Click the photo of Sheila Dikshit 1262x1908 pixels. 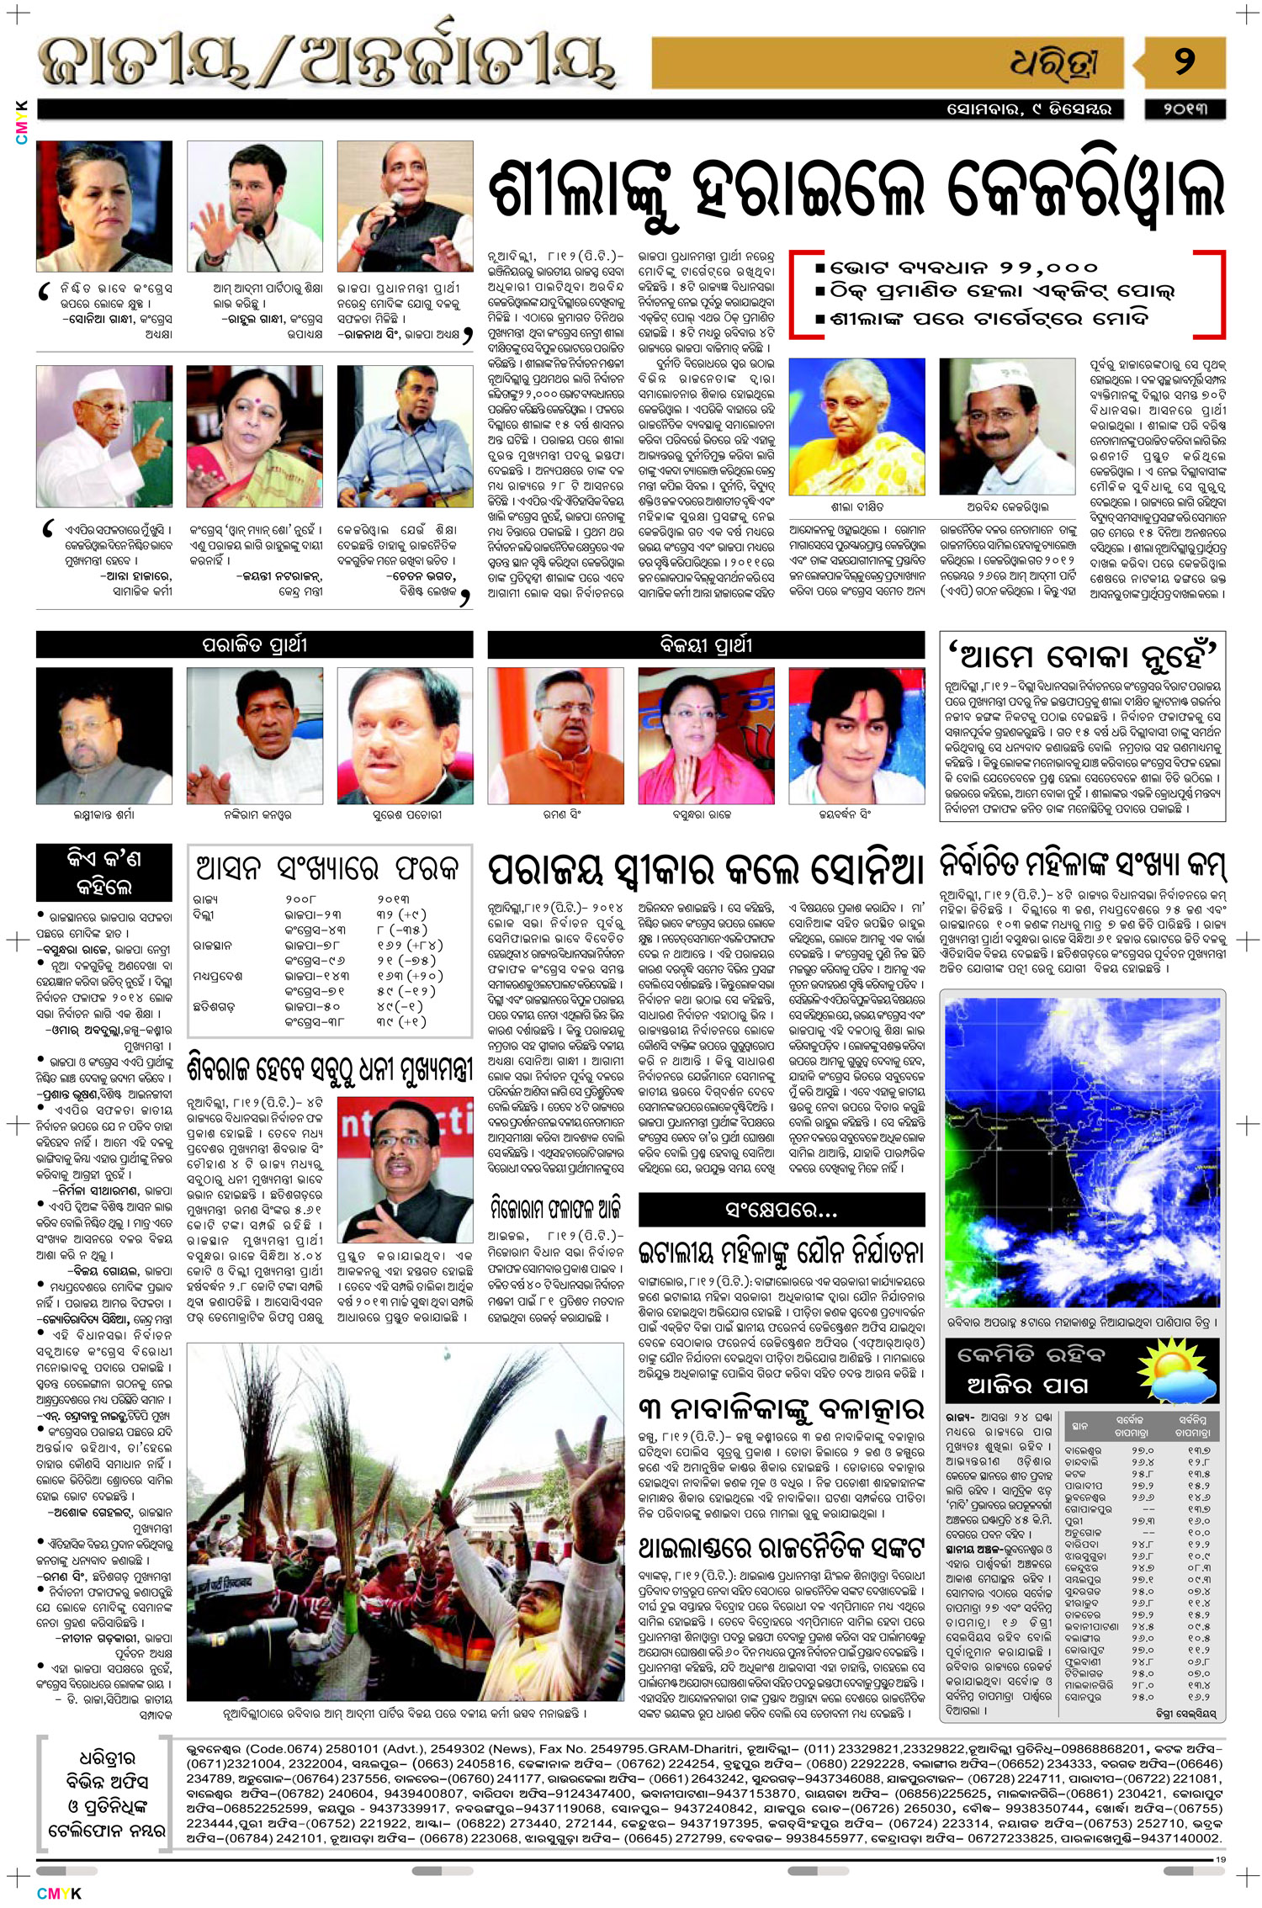[x=856, y=427]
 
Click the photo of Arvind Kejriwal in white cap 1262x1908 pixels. [x=1007, y=427]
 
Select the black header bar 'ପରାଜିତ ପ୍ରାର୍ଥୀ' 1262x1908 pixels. [x=254, y=645]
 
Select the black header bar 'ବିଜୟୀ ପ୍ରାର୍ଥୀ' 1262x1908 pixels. [x=706, y=645]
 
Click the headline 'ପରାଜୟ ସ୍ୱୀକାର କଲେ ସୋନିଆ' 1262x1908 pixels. [x=706, y=870]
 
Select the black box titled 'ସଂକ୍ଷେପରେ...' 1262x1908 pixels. [x=781, y=1210]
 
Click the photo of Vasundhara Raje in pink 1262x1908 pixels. [x=706, y=735]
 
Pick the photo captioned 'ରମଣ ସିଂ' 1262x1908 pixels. [x=555, y=735]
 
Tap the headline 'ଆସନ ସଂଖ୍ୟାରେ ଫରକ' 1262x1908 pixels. [x=328, y=867]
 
